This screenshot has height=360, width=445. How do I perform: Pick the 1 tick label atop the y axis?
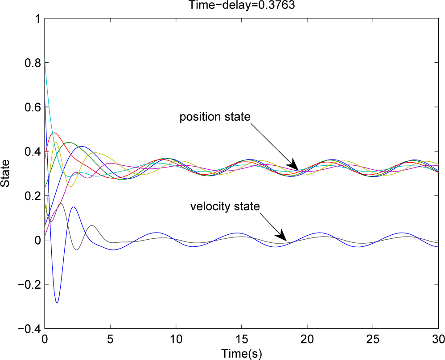(37, 19)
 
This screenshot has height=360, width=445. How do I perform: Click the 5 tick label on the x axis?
(110, 340)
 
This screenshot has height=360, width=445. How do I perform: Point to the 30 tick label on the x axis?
(438, 340)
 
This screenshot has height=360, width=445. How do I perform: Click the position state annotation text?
(215, 117)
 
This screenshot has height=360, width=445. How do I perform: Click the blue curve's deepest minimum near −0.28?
(57, 303)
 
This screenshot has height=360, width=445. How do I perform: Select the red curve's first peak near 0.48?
(54, 133)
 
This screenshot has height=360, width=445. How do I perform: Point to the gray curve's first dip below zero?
(77, 250)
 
